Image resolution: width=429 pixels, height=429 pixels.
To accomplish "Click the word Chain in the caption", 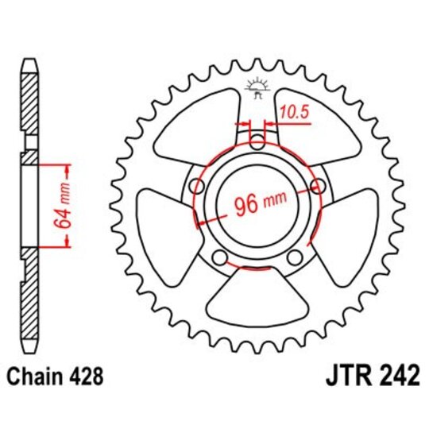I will (x=38, y=375).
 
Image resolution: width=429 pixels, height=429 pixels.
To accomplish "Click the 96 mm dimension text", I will (x=257, y=204).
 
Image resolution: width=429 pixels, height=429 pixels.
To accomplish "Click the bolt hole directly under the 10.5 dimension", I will (x=257, y=143).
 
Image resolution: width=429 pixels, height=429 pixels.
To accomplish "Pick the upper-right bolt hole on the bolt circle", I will (x=319, y=187).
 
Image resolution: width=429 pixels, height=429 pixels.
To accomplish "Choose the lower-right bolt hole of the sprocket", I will (x=295, y=258).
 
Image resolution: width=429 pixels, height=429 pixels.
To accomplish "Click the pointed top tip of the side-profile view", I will (x=29, y=60).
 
